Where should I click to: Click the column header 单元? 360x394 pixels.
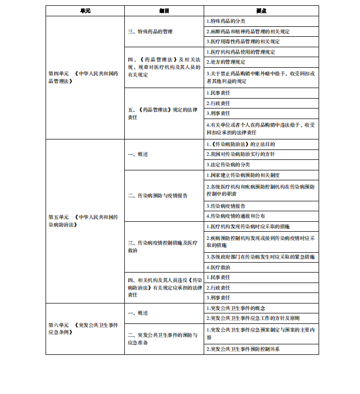[x=85, y=11]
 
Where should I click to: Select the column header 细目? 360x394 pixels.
[x=164, y=11]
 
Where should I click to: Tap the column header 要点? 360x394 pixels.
[x=261, y=11]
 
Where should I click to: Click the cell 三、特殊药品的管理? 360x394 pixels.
[x=151, y=32]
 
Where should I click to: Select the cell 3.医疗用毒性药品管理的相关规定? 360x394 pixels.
[x=243, y=41]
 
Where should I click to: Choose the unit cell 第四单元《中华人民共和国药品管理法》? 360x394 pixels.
[x=85, y=77]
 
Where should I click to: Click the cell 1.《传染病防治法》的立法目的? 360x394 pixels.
[x=240, y=144]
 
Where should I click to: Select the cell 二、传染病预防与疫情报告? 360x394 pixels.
[x=158, y=196]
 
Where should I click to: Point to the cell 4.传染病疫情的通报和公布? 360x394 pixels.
[x=236, y=216]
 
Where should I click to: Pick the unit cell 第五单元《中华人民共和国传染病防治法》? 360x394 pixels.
[x=85, y=220]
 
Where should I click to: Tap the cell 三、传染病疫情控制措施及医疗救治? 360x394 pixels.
[x=163, y=246]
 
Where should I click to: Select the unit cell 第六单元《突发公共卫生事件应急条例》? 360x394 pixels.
[x=85, y=328]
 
